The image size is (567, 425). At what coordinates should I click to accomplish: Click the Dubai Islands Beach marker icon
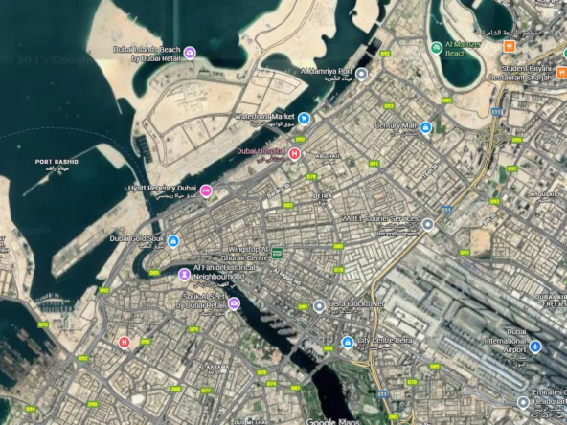[x=190, y=52]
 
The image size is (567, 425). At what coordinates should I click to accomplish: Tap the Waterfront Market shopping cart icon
[x=303, y=119]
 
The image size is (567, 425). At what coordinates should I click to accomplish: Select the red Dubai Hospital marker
[x=295, y=153]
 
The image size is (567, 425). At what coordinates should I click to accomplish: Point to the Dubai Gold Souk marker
[x=173, y=241]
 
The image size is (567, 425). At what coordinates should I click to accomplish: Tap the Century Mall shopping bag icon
[x=426, y=127]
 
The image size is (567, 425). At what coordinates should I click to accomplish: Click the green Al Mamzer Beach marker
[x=437, y=46]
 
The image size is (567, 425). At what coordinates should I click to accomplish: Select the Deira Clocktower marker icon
[x=319, y=306]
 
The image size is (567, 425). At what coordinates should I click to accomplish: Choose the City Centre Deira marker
[x=348, y=342]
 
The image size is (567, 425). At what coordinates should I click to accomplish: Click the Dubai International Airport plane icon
[x=535, y=346]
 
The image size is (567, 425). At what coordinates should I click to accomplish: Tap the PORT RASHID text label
[x=57, y=162]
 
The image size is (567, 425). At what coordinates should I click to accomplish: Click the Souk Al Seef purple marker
[x=234, y=303]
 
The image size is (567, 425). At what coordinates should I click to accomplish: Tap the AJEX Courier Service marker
[x=428, y=224]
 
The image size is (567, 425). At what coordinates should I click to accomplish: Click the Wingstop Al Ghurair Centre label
[x=236, y=253]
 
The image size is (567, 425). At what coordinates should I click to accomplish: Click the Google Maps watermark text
[x=333, y=421]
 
